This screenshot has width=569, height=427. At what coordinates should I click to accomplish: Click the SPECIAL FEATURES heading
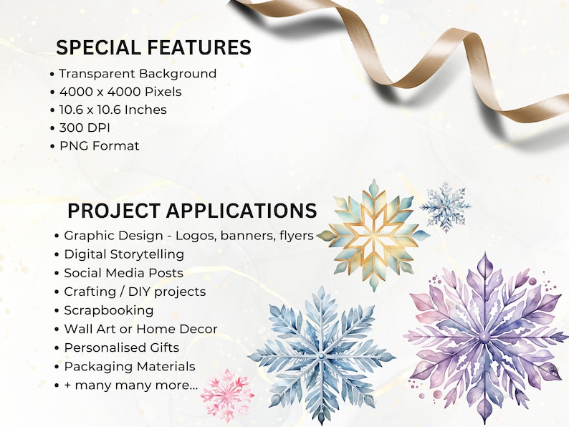point(153,47)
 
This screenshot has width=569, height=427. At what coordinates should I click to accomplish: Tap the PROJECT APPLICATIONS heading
point(191,211)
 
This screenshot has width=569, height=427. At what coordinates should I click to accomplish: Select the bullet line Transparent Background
point(137,74)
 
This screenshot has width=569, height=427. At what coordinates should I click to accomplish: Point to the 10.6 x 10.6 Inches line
point(113,110)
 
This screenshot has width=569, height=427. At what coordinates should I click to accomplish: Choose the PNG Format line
point(99,145)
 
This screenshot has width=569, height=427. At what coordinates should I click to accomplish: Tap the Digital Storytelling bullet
point(123,254)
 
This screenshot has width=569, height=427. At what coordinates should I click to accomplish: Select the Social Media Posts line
point(123,273)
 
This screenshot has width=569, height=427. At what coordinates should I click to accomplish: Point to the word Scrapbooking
point(108,310)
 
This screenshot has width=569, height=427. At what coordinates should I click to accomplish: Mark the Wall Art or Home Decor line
point(140,329)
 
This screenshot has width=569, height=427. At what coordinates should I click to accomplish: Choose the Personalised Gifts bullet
point(121,347)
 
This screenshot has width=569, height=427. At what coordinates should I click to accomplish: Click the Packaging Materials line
point(129,366)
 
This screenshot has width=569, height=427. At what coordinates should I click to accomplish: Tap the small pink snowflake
point(227,395)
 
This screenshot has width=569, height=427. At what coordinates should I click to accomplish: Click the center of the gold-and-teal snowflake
point(373,234)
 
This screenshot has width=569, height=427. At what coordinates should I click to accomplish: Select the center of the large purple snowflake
point(485,336)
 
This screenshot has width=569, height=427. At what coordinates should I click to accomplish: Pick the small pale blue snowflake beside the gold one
point(446,207)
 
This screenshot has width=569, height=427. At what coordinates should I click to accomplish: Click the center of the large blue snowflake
point(321,355)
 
